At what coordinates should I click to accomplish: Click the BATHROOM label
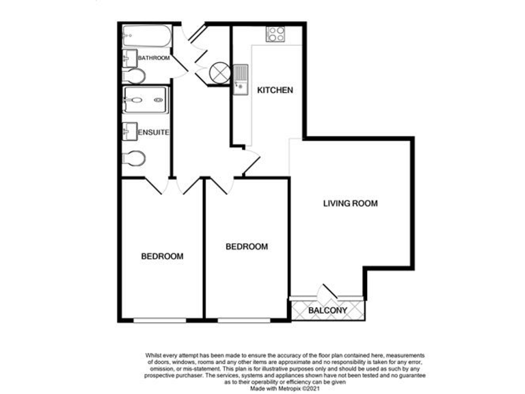click(x=154, y=59)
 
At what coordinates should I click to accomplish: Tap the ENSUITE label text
click(x=154, y=131)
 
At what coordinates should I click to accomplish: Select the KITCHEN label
click(x=275, y=90)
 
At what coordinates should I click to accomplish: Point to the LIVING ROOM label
click(x=351, y=204)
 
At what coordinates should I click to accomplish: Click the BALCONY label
click(x=328, y=311)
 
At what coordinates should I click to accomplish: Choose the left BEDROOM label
click(x=162, y=257)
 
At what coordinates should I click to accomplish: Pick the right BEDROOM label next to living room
click(x=247, y=247)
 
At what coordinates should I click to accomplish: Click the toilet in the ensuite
click(x=133, y=158)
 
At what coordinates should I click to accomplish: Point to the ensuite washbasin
click(x=130, y=129)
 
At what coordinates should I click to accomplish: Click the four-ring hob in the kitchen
click(x=275, y=34)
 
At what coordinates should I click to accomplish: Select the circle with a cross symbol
click(x=220, y=71)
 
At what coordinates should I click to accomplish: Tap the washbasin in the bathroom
click(x=130, y=57)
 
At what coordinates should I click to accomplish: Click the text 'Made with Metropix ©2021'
click(x=284, y=389)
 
